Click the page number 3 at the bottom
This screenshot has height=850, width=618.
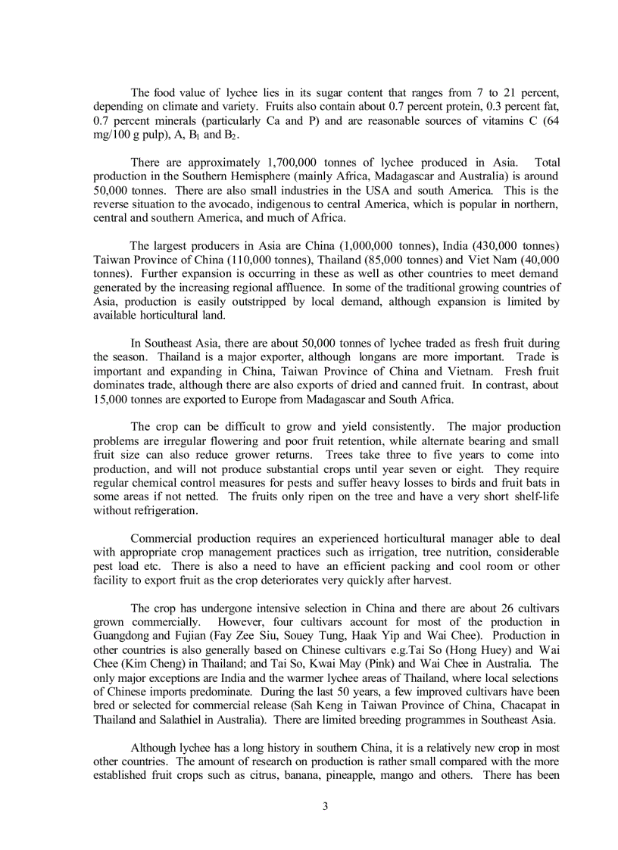point(325,805)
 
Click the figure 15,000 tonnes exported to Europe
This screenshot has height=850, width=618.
point(111,399)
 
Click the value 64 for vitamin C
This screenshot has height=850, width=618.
point(551,121)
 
